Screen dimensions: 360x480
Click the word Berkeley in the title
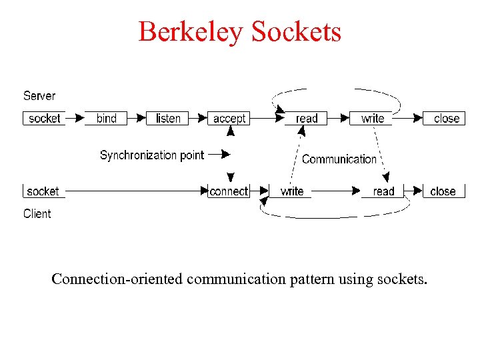tap(190, 31)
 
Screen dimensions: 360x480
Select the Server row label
tap(39, 96)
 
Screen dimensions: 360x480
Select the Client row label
tap(37, 213)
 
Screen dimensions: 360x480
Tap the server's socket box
tap(45, 119)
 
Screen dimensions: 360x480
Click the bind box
tap(107, 119)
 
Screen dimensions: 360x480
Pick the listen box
tap(168, 119)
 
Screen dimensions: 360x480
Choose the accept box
tap(229, 119)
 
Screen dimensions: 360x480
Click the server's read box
tap(307, 119)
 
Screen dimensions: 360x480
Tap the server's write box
tap(373, 119)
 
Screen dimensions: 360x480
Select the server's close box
tap(446, 119)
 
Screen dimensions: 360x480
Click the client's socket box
tap(43, 191)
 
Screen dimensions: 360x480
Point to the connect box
tap(229, 191)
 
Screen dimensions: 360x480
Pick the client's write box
tap(292, 191)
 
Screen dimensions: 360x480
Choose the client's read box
tap(383, 191)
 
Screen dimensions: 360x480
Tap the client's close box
tap(443, 191)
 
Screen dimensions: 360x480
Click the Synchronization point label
tap(152, 155)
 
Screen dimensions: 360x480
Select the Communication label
tap(339, 159)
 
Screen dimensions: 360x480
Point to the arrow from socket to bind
tap(75, 119)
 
